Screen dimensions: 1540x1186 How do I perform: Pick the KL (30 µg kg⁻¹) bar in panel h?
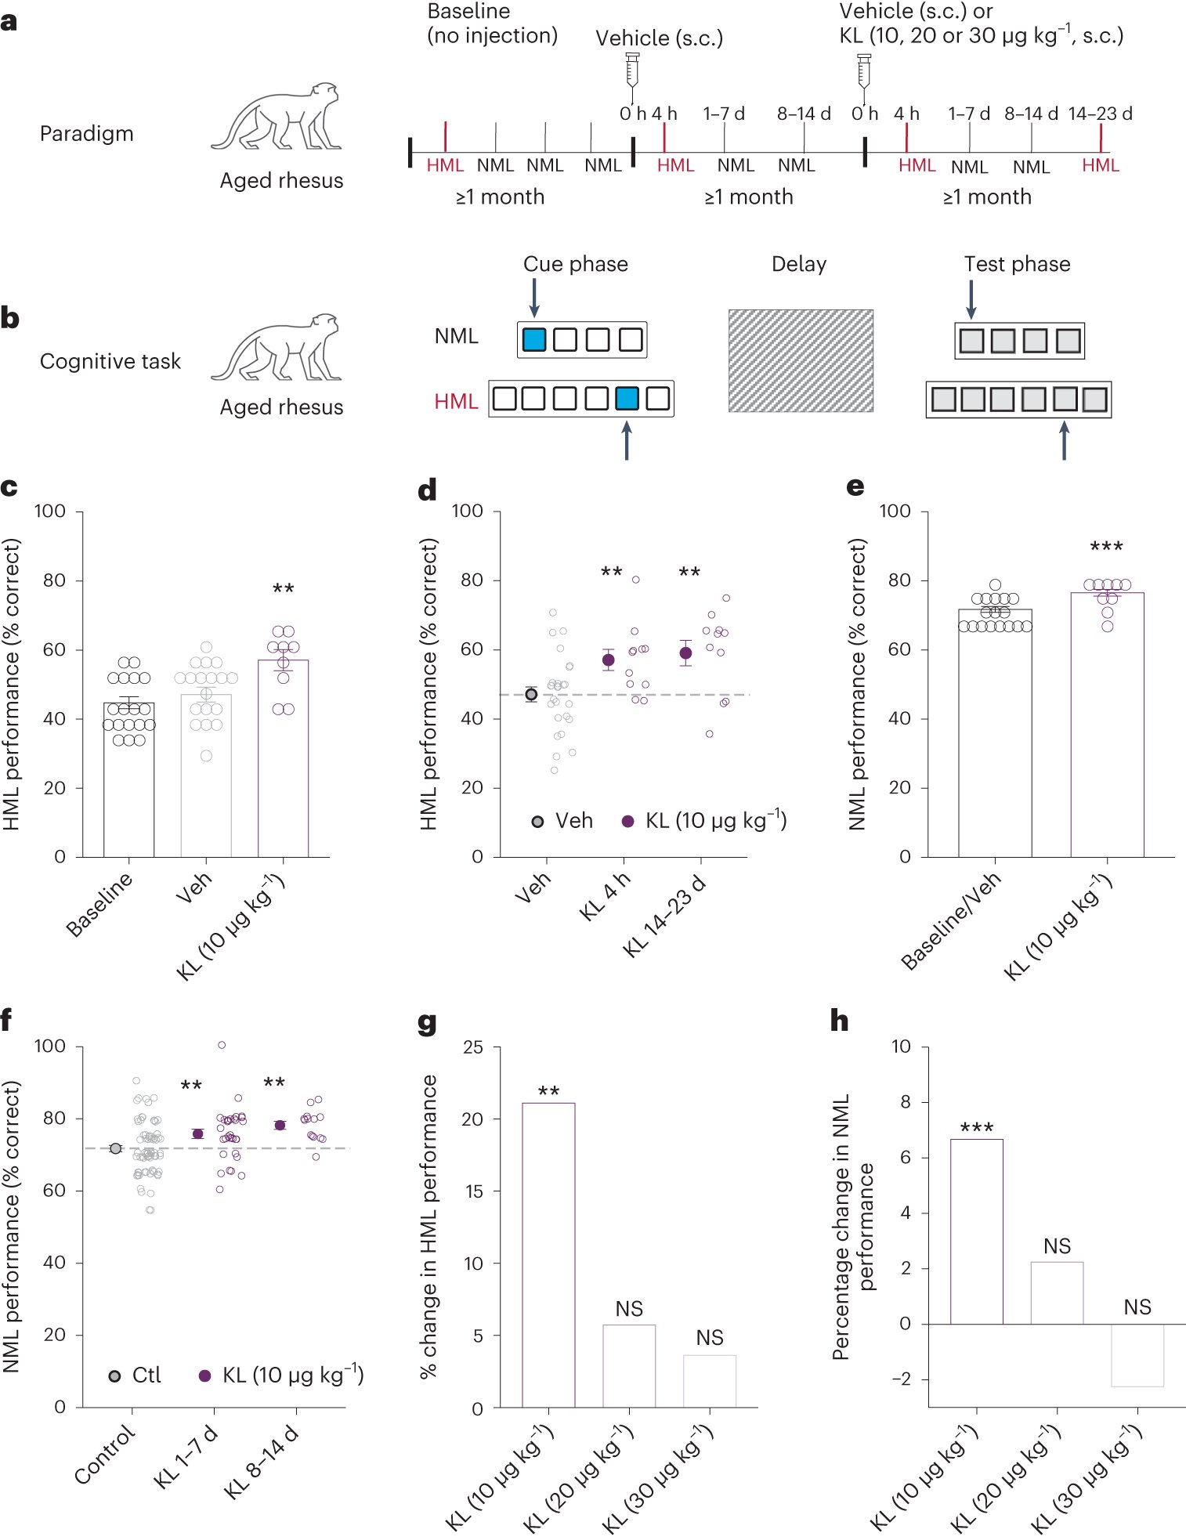click(x=1137, y=1354)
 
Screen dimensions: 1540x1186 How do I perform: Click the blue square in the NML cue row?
click(x=533, y=340)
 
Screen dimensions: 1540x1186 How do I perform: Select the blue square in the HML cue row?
click(x=627, y=399)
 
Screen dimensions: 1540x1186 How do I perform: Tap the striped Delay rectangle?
click(x=801, y=360)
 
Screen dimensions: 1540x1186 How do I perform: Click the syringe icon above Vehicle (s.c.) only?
click(x=633, y=70)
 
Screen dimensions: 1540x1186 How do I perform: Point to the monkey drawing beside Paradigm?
click(x=277, y=117)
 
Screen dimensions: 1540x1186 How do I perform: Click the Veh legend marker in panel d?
click(x=537, y=822)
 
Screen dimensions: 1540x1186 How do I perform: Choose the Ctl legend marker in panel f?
click(x=114, y=1376)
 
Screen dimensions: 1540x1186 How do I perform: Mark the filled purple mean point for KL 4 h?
click(x=608, y=660)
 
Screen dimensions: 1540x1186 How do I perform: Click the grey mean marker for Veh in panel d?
click(x=531, y=694)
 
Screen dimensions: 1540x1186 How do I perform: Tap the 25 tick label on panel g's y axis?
click(x=472, y=1047)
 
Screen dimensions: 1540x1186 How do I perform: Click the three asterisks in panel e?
click(x=1106, y=547)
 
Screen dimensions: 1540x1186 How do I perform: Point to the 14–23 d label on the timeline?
click(x=1100, y=114)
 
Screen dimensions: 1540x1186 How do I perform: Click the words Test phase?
click(x=1017, y=264)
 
